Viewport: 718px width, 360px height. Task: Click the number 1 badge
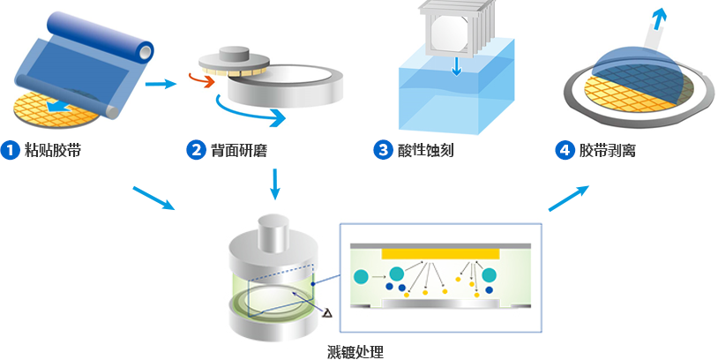coord(11,150)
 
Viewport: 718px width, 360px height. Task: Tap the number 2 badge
coord(197,150)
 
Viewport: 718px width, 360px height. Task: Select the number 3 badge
coord(383,150)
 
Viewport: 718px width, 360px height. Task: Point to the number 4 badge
coord(565,150)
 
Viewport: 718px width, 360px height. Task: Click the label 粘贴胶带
coord(52,150)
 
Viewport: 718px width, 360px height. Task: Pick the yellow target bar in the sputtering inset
coord(440,253)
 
